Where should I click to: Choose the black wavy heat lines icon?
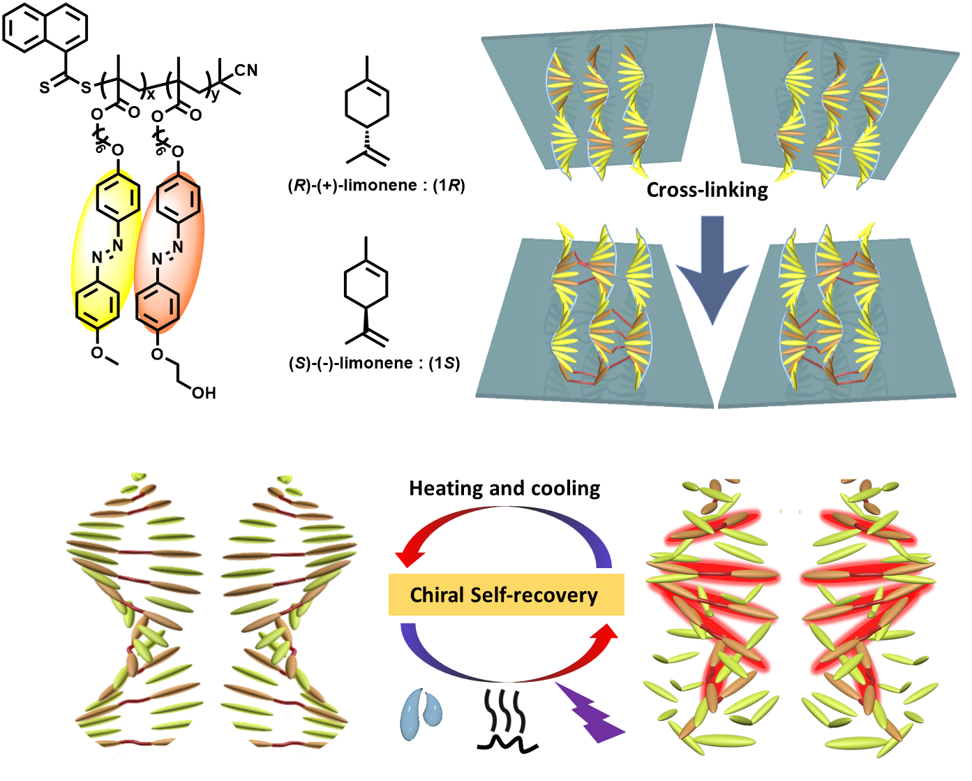504,711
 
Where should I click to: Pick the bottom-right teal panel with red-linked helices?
837,321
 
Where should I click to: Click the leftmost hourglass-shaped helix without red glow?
136,614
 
